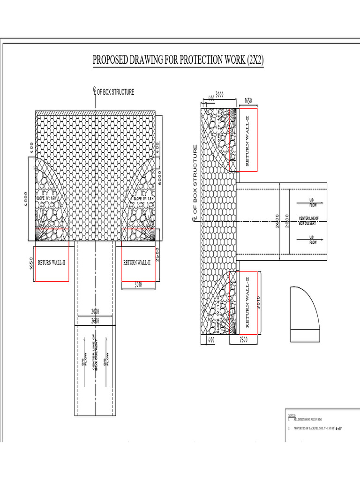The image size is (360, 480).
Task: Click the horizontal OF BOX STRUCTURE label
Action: [115, 92]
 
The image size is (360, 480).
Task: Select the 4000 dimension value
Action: [27, 197]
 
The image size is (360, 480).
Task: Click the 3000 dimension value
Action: [219, 95]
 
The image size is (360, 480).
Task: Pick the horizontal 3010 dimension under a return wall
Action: [138, 284]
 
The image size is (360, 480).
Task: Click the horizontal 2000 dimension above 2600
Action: [95, 312]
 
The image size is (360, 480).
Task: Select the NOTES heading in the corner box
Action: [291, 415]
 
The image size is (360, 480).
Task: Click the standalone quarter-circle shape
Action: [305, 309]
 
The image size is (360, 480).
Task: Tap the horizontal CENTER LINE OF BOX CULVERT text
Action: [309, 221]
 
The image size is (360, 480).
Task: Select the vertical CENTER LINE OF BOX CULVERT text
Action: [95, 352]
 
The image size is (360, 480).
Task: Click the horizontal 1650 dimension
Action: [248, 101]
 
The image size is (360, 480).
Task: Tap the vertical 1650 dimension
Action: [31, 264]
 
